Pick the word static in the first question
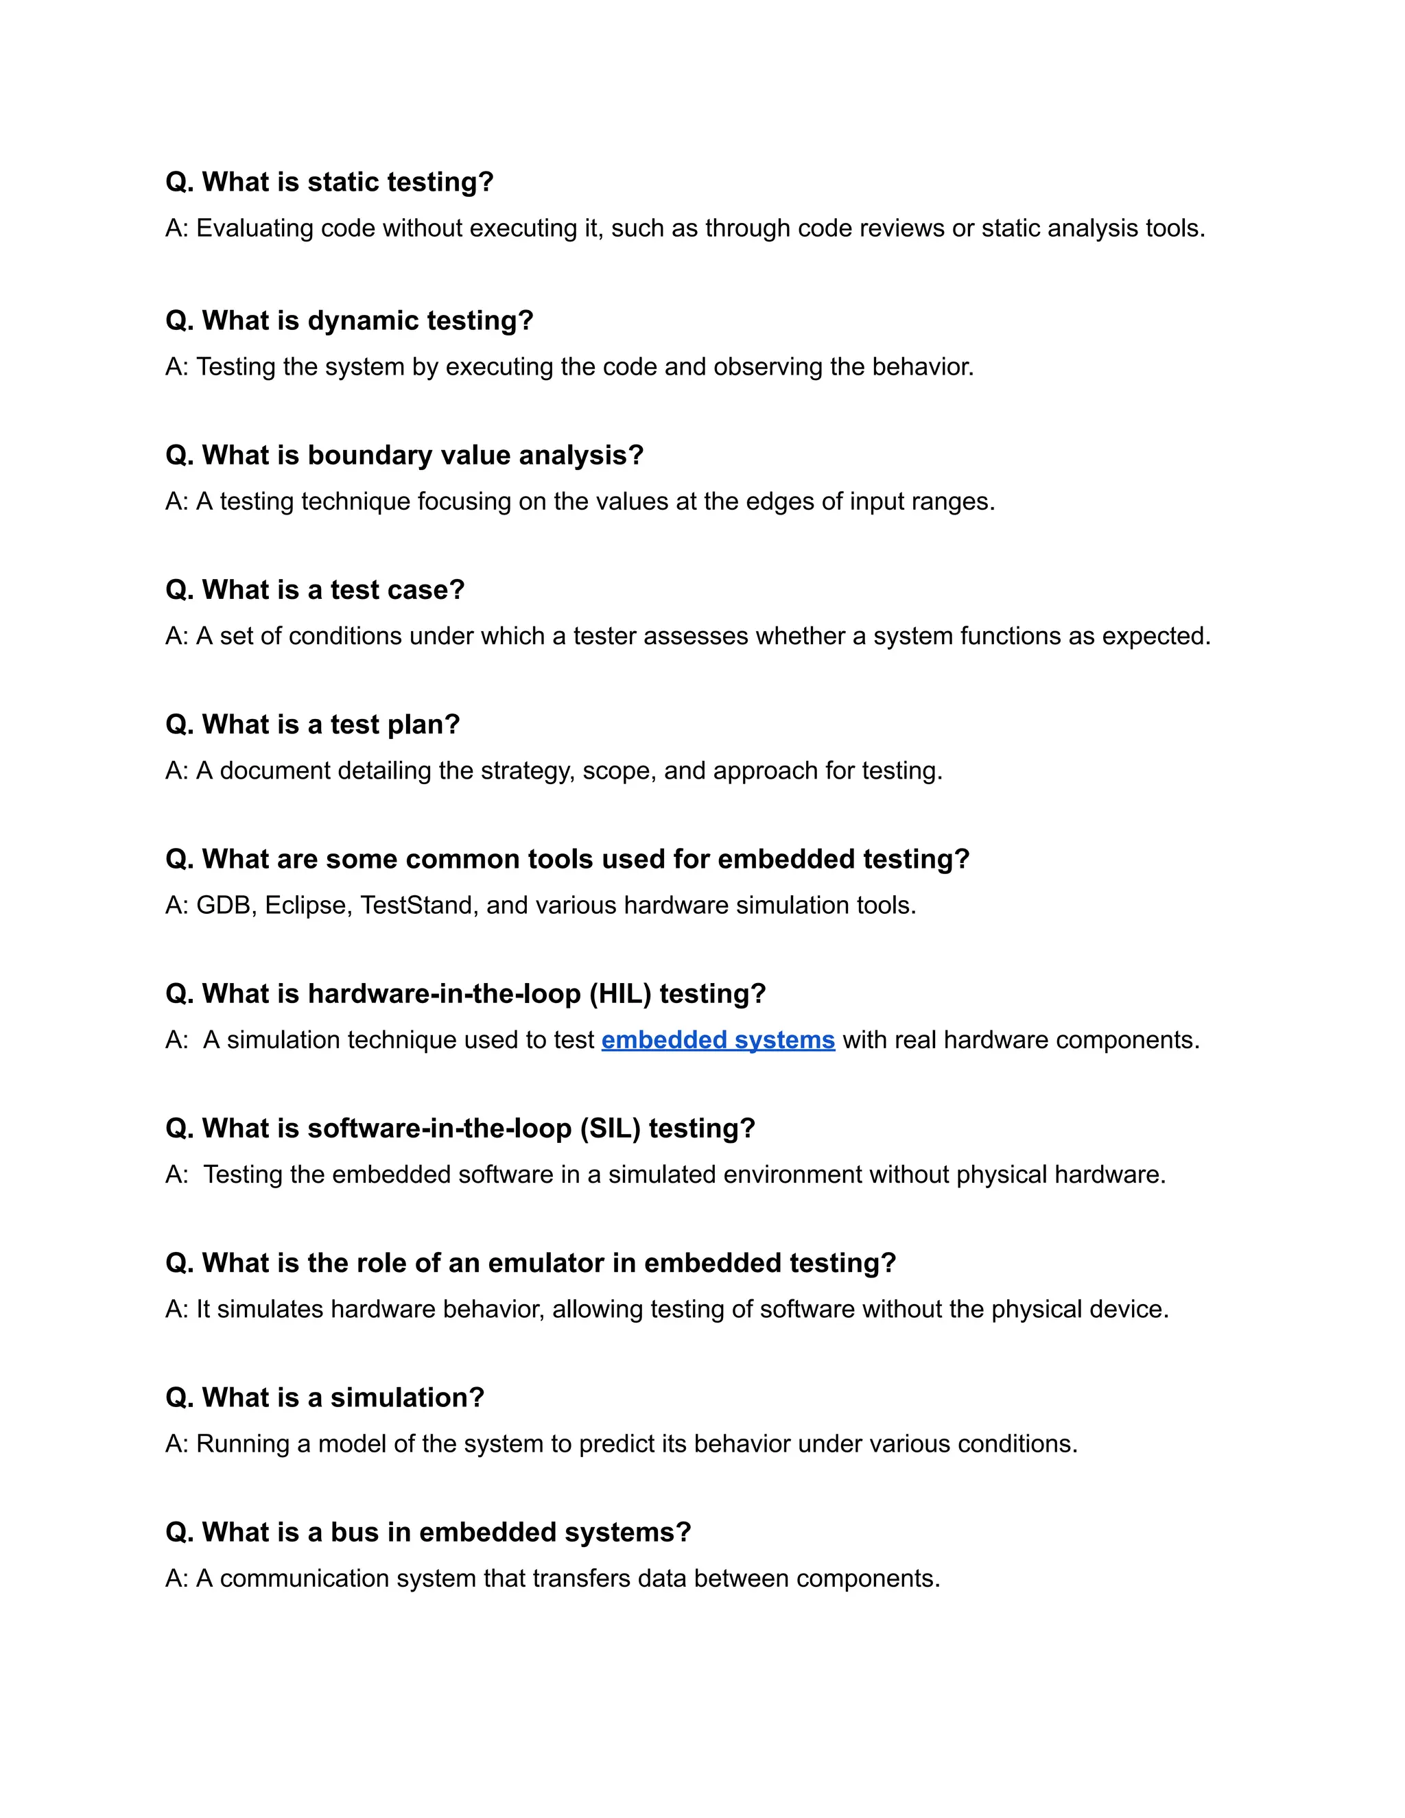[344, 182]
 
